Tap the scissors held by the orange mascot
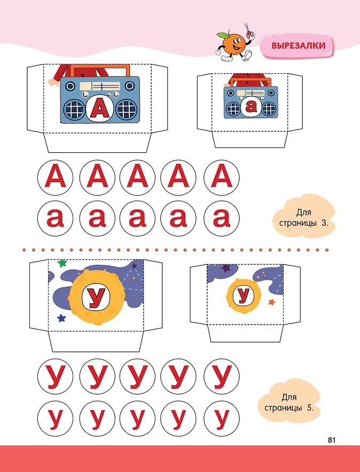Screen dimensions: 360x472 click(x=248, y=31)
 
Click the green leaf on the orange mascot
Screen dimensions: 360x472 click(x=222, y=36)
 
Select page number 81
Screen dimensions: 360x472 click(x=331, y=440)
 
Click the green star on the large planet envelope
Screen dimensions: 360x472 click(x=62, y=263)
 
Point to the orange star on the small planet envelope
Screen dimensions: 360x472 click(x=271, y=302)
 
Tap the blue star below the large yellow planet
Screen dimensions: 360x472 click(x=61, y=318)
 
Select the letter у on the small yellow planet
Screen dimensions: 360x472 click(x=243, y=295)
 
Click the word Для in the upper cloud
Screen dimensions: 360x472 click(x=304, y=213)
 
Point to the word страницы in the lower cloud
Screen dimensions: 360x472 click(x=283, y=408)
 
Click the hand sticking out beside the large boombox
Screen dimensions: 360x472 click(x=53, y=82)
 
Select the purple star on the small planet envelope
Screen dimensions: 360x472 click(x=226, y=268)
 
